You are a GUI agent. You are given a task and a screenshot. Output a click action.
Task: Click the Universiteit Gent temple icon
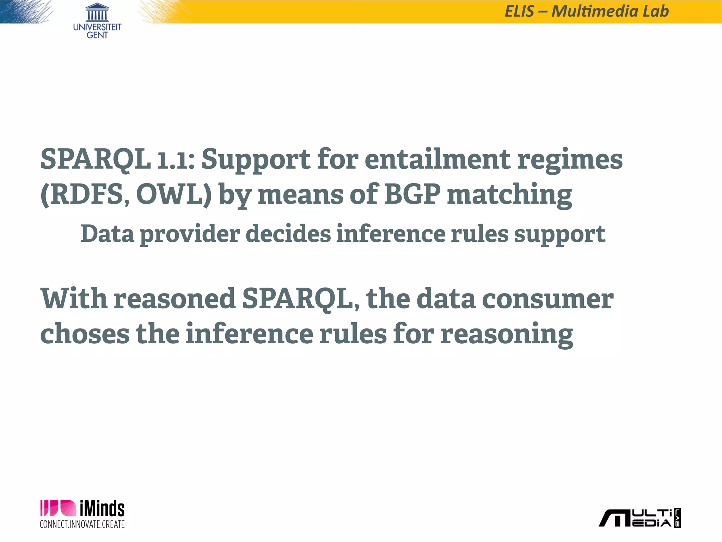click(x=97, y=12)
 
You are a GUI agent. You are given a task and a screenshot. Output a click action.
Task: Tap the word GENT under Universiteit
click(x=97, y=35)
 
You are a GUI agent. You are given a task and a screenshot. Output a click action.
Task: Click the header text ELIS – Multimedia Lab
click(x=587, y=11)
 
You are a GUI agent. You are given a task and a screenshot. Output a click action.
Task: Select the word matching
click(x=509, y=195)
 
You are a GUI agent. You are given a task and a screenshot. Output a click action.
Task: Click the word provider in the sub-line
click(x=190, y=234)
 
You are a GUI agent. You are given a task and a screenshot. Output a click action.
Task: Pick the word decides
click(x=288, y=234)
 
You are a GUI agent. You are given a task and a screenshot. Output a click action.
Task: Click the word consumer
click(x=547, y=299)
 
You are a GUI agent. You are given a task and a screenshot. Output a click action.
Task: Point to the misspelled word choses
click(x=85, y=334)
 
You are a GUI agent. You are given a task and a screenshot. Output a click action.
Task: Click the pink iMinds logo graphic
click(x=58, y=508)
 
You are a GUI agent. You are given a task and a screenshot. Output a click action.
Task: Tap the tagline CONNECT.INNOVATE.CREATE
click(x=82, y=524)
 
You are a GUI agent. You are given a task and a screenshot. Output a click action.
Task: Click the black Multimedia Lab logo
click(x=640, y=518)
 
